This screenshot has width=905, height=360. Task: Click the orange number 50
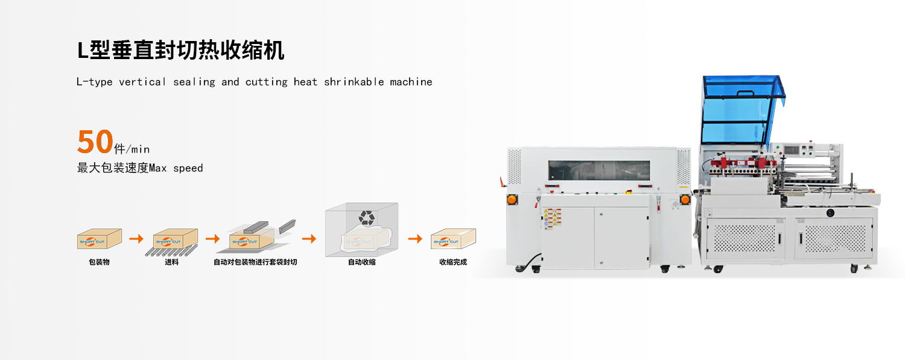95,142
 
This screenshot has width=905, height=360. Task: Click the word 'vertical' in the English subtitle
142,82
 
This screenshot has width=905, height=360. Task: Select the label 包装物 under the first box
99,262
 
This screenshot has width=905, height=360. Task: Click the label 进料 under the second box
172,262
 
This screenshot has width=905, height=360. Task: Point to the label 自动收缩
361,262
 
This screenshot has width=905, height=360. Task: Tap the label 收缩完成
453,262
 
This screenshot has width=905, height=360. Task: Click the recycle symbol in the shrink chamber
366,217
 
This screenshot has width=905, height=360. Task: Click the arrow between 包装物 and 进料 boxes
136,239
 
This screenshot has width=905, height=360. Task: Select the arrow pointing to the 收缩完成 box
415,239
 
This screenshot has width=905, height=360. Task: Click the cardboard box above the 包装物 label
99,239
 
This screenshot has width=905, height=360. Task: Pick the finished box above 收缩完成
453,239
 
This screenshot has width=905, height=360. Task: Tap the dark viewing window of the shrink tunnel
599,171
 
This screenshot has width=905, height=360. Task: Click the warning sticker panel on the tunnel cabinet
552,218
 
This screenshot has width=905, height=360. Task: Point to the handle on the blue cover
745,94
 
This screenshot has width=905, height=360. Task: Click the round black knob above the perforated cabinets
830,212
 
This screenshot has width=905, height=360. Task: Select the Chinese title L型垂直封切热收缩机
180,51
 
